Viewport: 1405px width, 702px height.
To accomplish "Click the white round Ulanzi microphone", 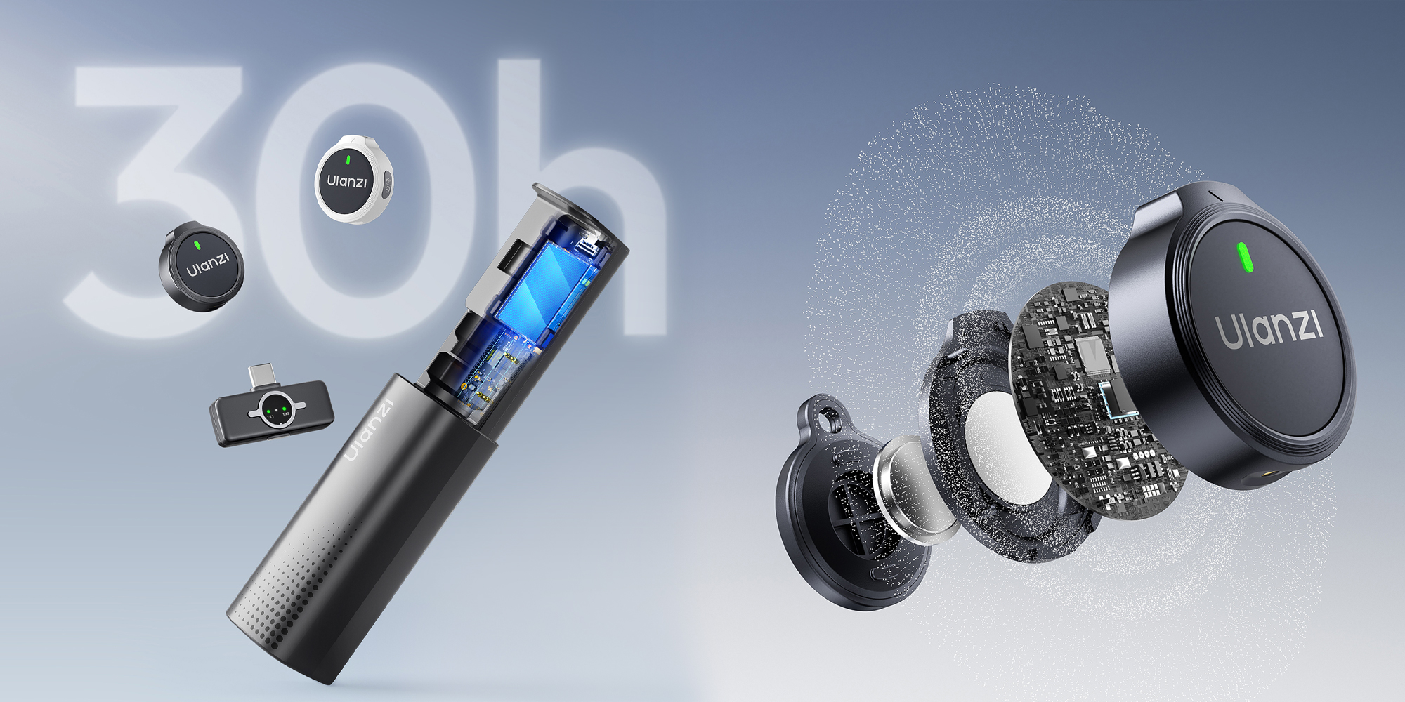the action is pos(353,179).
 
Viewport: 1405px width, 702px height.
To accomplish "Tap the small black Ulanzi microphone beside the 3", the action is pos(202,267).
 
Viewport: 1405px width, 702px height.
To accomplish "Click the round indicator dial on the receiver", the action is pos(275,410).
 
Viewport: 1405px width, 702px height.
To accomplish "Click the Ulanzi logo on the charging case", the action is pos(370,430).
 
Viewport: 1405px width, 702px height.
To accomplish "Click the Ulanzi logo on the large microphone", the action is pos(1269,329).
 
